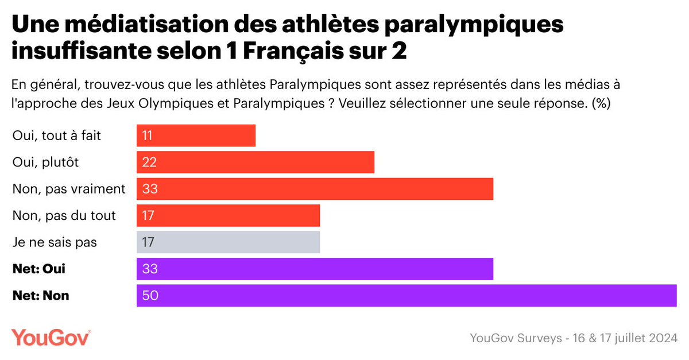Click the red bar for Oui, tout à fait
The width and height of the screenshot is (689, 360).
pyautogui.click(x=196, y=136)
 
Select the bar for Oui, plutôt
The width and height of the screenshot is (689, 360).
pyautogui.click(x=256, y=162)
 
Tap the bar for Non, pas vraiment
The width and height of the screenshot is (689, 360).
pyautogui.click(x=315, y=189)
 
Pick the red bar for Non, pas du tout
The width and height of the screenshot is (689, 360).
pyautogui.click(x=228, y=215)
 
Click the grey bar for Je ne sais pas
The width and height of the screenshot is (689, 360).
pyautogui.click(x=228, y=242)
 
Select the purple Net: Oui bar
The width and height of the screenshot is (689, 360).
pyautogui.click(x=315, y=269)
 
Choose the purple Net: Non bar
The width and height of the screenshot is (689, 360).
pyautogui.click(x=407, y=296)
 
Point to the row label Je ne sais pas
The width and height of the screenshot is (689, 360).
pyautogui.click(x=55, y=242)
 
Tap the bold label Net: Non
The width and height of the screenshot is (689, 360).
pyautogui.click(x=41, y=296)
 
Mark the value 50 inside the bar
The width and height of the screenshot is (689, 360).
pyautogui.click(x=150, y=296)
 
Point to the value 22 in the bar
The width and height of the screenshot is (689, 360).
pyautogui.click(x=150, y=162)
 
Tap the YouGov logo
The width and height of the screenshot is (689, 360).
pyautogui.click(x=51, y=338)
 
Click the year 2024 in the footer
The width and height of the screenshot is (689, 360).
pyautogui.click(x=661, y=338)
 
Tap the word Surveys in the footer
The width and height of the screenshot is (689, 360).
pyautogui.click(x=539, y=338)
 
